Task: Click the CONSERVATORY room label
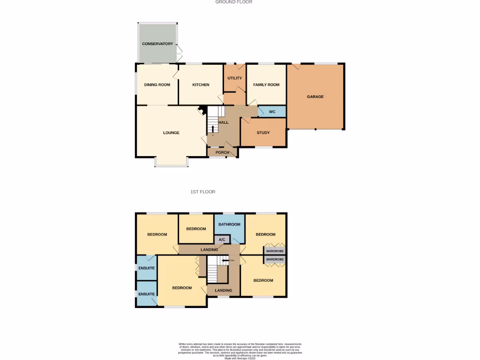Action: click(x=157, y=44)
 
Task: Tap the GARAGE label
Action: click(x=315, y=97)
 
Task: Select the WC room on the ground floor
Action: click(x=272, y=112)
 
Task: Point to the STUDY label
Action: click(x=263, y=133)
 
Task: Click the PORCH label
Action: click(x=222, y=152)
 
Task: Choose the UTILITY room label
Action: click(x=234, y=78)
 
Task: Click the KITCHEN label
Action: click(x=201, y=85)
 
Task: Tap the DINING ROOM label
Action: click(x=157, y=85)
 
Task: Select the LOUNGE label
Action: click(x=171, y=133)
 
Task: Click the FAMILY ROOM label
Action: click(x=266, y=85)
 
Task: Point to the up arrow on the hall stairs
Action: click(x=213, y=128)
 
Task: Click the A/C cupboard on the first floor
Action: click(x=222, y=240)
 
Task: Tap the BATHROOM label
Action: click(x=229, y=225)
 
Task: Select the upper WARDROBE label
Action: click(x=276, y=251)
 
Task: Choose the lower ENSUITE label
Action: click(x=146, y=294)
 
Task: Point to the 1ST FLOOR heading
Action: click(x=202, y=192)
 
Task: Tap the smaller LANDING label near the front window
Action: click(x=223, y=291)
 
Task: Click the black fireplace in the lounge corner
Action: click(x=202, y=111)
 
